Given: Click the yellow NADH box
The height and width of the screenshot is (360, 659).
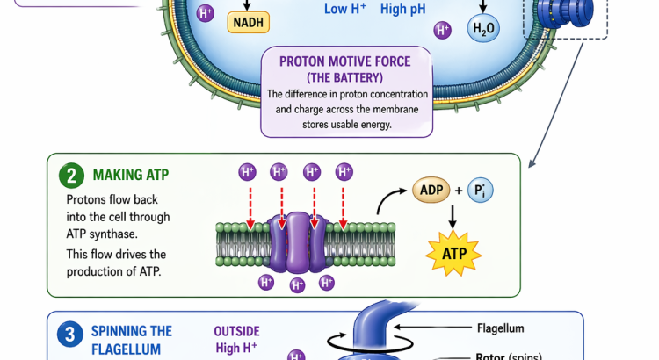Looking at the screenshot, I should click(x=250, y=22).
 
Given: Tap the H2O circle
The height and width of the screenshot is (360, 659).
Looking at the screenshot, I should click(x=484, y=29).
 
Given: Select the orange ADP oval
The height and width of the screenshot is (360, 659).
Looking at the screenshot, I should click(x=431, y=191).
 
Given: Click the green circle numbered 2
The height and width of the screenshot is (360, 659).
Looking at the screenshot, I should click(x=71, y=175).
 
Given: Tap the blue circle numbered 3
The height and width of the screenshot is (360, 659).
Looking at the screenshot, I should click(x=70, y=334).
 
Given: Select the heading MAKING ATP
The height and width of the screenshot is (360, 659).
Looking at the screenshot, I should click(x=130, y=175).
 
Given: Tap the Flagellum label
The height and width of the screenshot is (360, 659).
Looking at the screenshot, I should click(x=501, y=328).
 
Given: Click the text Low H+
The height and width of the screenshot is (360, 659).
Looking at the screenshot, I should click(x=346, y=9).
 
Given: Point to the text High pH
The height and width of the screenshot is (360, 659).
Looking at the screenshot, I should click(x=403, y=9).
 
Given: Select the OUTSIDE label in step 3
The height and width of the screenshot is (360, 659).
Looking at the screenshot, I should click(x=236, y=331).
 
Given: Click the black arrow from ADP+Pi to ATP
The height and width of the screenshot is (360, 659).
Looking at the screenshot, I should click(x=453, y=219).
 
